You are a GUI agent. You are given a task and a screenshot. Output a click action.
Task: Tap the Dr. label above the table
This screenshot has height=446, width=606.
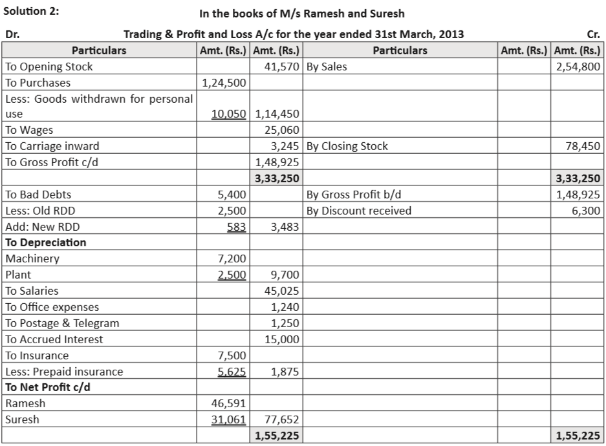pos(12,34)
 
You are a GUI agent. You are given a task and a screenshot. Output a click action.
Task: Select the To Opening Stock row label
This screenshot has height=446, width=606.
pos(49,67)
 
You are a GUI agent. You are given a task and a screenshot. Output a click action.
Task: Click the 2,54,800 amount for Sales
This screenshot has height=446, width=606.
pos(578,67)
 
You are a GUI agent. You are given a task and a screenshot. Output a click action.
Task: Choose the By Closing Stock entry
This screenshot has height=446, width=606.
pos(347,146)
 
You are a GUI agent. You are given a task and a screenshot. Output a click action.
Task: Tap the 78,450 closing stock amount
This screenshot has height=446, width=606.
pos(583,146)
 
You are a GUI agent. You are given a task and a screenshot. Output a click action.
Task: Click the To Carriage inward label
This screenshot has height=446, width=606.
pos(52,146)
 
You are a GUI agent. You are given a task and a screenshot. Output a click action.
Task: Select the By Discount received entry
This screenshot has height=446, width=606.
pos(358,211)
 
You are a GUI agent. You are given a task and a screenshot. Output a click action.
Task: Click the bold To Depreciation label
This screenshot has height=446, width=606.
pos(45,242)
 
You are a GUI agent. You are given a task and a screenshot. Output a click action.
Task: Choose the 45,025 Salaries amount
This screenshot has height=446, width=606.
pos(281,291)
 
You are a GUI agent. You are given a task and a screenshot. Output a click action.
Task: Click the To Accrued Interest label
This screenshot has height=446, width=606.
pos(54,339)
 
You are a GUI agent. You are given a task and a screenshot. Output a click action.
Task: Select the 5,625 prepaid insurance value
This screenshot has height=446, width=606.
pos(232,372)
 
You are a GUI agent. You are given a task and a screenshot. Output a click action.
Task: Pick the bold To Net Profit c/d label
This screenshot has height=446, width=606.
pos(47,387)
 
